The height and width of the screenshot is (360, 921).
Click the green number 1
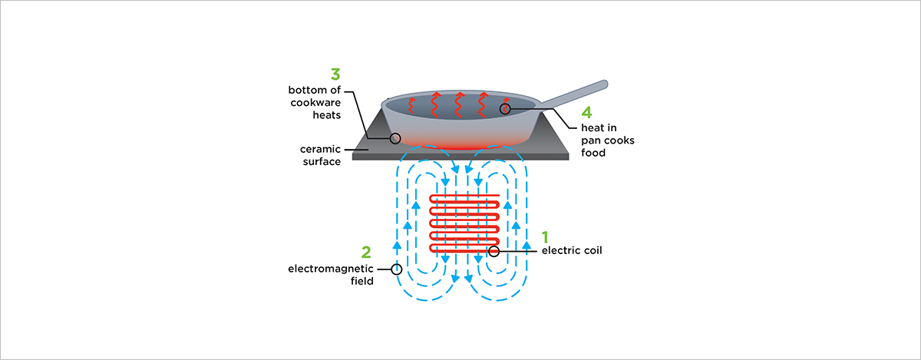coord(546,236)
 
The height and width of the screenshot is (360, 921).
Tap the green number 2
coord(366,251)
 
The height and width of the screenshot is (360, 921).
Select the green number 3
coord(335,74)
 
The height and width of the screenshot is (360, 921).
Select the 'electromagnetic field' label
coord(330,275)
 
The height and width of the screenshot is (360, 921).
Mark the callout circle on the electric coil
coord(494,251)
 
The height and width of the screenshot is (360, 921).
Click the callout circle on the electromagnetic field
coord(396,269)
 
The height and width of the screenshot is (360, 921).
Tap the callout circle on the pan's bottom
coord(395,139)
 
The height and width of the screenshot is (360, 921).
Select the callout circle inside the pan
coord(505,110)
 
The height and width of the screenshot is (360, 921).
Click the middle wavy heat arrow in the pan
coord(459,105)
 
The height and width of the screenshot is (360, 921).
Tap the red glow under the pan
coord(460,144)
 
